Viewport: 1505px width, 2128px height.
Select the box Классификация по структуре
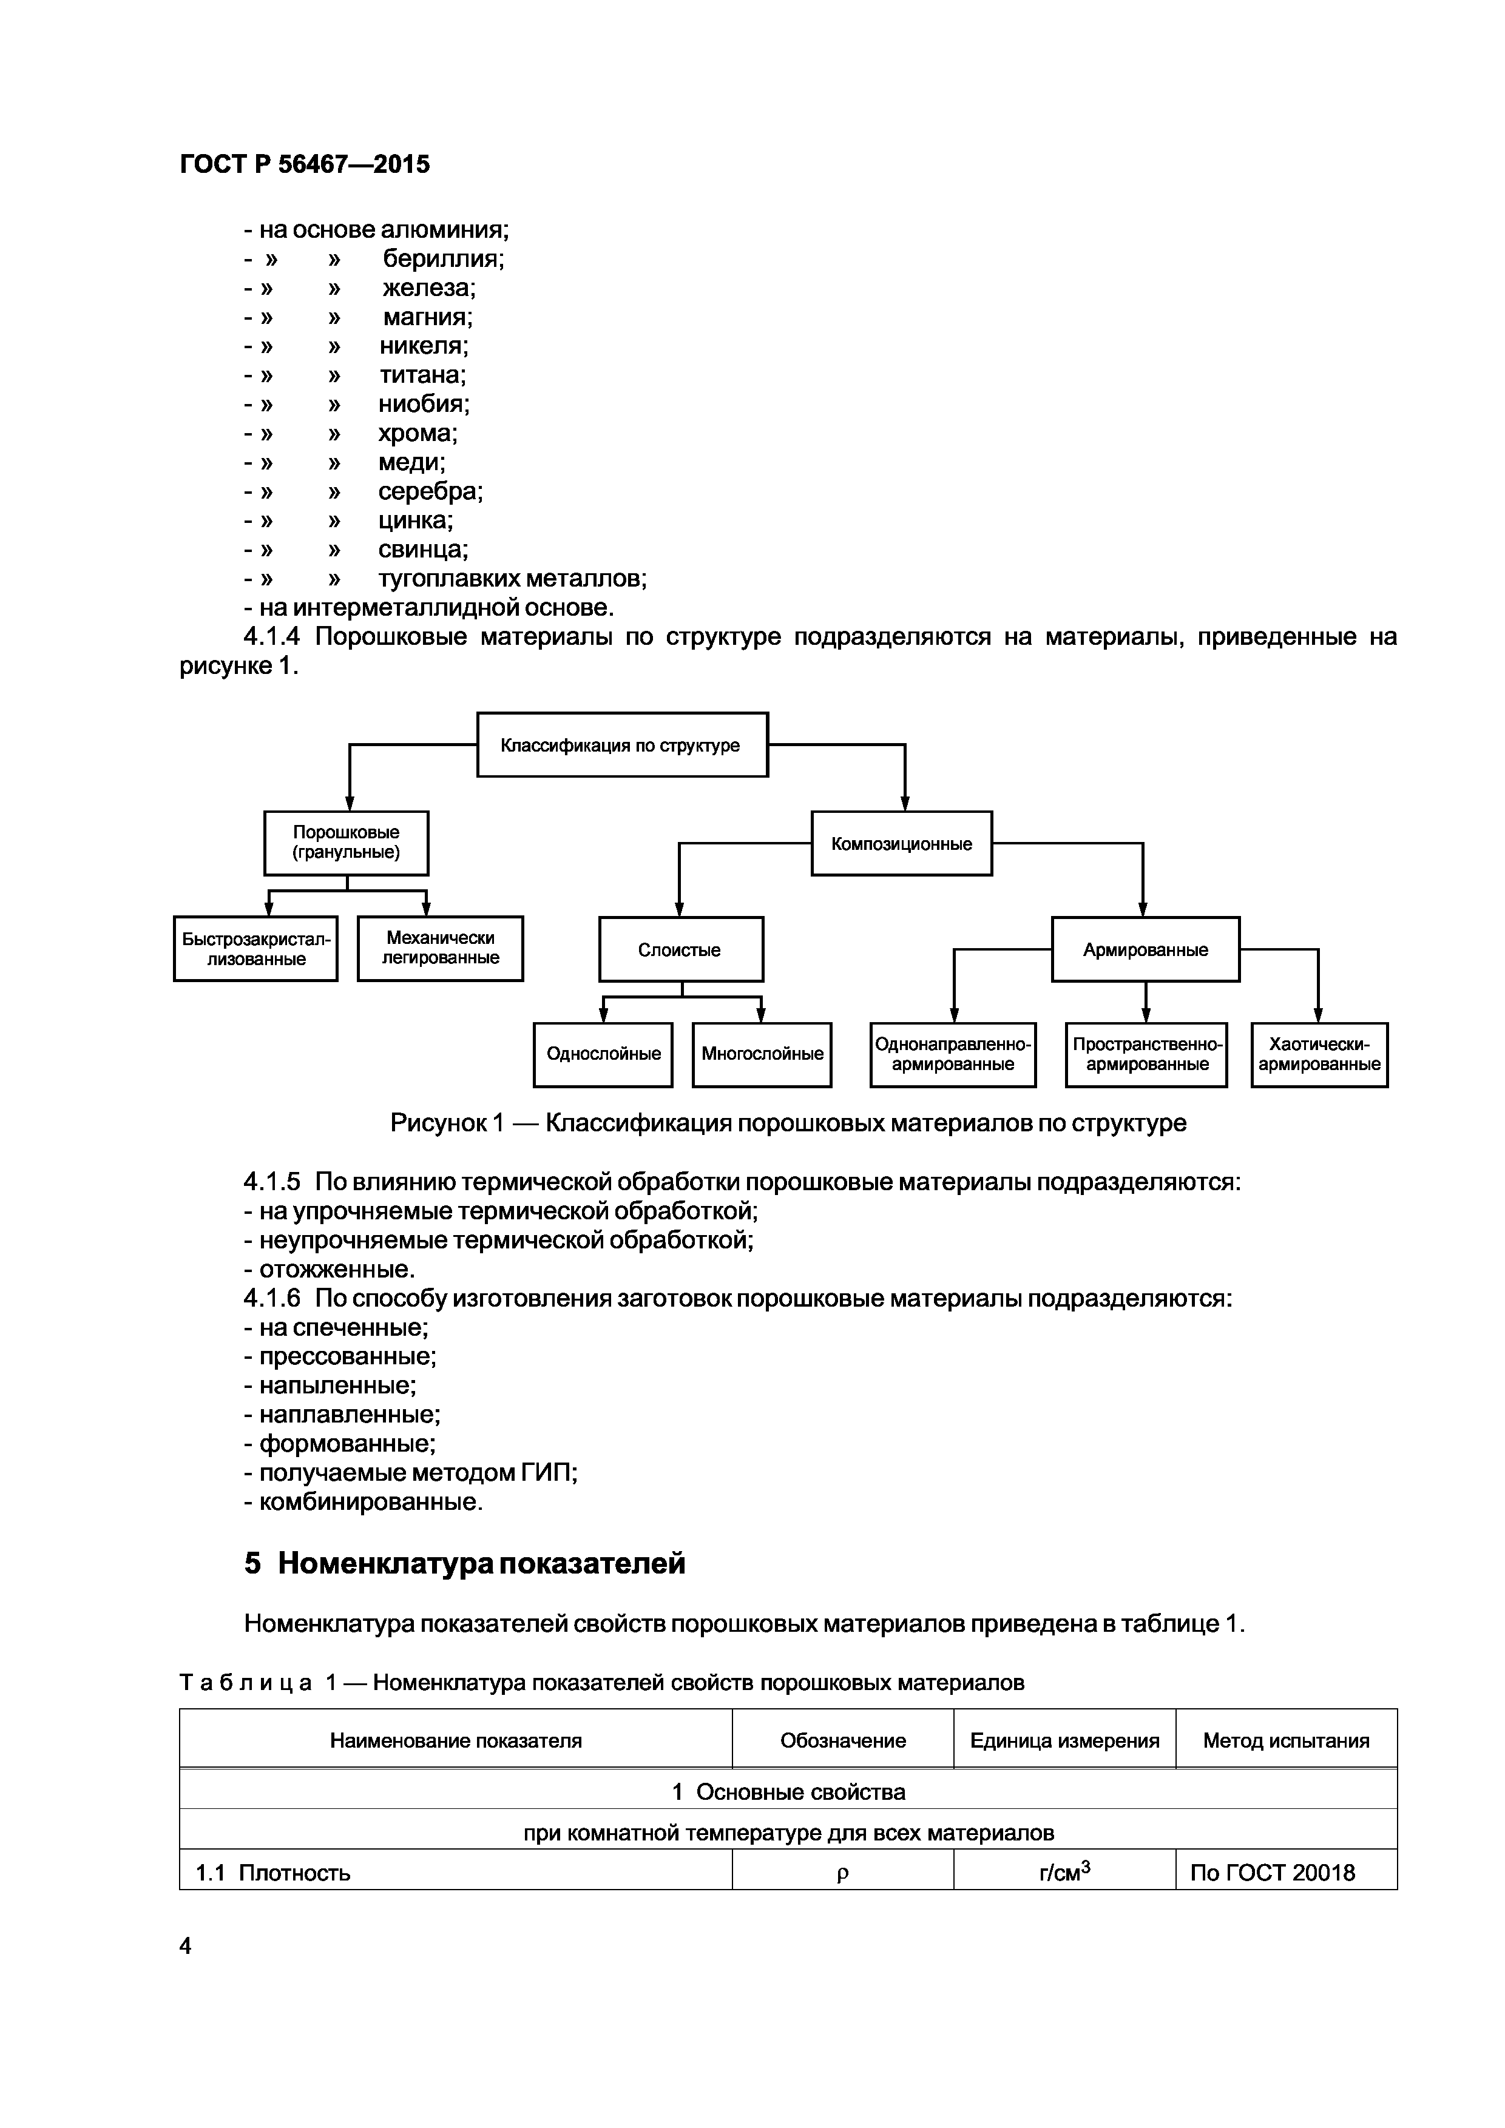(621, 745)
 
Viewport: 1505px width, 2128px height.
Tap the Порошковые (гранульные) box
(346, 843)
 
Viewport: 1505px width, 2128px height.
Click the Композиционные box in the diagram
(901, 843)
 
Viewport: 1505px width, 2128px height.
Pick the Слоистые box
(681, 949)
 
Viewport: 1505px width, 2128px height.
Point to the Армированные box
(1145, 949)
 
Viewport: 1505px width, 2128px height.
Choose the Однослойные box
(603, 1054)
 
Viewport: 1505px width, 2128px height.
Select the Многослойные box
(762, 1054)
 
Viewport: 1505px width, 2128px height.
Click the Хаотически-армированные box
(1319, 1054)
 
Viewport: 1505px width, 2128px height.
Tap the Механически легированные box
(441, 948)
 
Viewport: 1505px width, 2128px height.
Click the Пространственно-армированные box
(1146, 1054)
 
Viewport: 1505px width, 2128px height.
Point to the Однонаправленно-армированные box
(952, 1054)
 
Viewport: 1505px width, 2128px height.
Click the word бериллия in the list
(443, 258)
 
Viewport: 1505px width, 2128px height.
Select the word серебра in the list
(430, 491)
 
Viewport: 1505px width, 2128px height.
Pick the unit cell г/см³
(1064, 1872)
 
